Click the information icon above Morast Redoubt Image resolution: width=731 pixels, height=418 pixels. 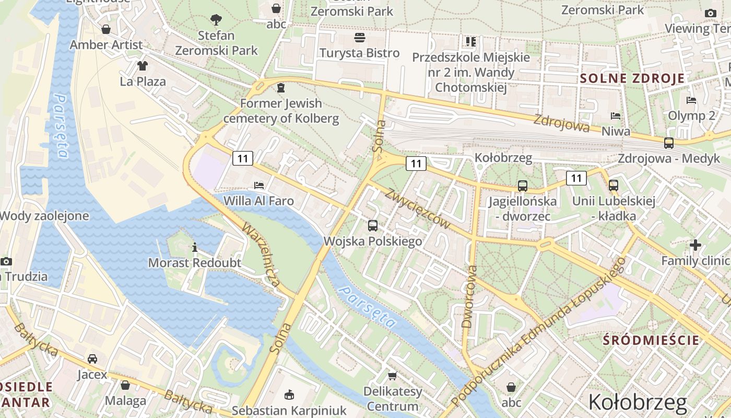(x=195, y=247)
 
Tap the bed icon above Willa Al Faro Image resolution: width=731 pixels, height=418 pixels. (x=258, y=185)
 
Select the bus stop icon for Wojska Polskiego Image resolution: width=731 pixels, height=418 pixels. (x=373, y=226)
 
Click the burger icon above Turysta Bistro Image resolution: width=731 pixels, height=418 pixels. (x=360, y=38)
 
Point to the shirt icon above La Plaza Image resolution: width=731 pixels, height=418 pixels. (x=143, y=66)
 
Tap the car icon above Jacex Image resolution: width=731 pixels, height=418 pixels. (x=92, y=359)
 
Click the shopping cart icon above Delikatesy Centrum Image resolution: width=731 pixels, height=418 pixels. (x=393, y=376)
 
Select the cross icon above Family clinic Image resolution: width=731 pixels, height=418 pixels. (x=695, y=245)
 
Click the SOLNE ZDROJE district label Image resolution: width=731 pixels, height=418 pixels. (x=632, y=79)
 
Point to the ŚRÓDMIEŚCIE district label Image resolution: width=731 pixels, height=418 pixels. (x=651, y=340)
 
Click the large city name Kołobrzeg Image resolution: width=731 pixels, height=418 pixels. (x=638, y=402)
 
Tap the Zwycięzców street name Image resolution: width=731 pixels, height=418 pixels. (x=417, y=209)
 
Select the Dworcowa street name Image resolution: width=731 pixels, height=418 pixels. (x=470, y=297)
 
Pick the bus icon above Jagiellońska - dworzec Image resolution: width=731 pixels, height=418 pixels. (x=522, y=185)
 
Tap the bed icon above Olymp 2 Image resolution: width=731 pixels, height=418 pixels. (x=692, y=100)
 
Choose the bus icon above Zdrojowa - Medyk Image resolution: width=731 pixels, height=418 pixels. (x=668, y=143)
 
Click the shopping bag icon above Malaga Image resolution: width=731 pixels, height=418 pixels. (x=125, y=385)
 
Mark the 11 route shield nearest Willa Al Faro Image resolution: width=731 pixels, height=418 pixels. (x=243, y=158)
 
